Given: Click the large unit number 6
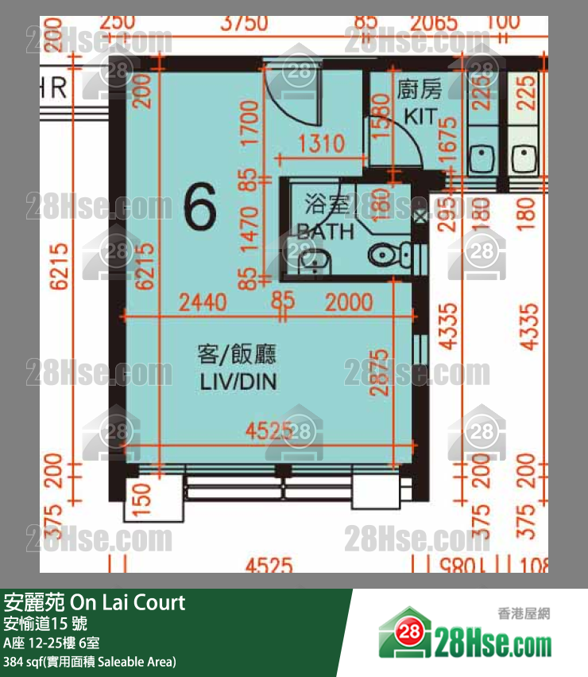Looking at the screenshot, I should click(199, 210).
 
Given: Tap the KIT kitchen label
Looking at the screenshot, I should click(419, 115).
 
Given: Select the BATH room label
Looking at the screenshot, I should click(326, 232).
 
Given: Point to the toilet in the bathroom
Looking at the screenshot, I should click(388, 255).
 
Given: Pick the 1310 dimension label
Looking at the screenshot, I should click(321, 144).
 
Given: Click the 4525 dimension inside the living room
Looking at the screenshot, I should click(266, 432).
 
